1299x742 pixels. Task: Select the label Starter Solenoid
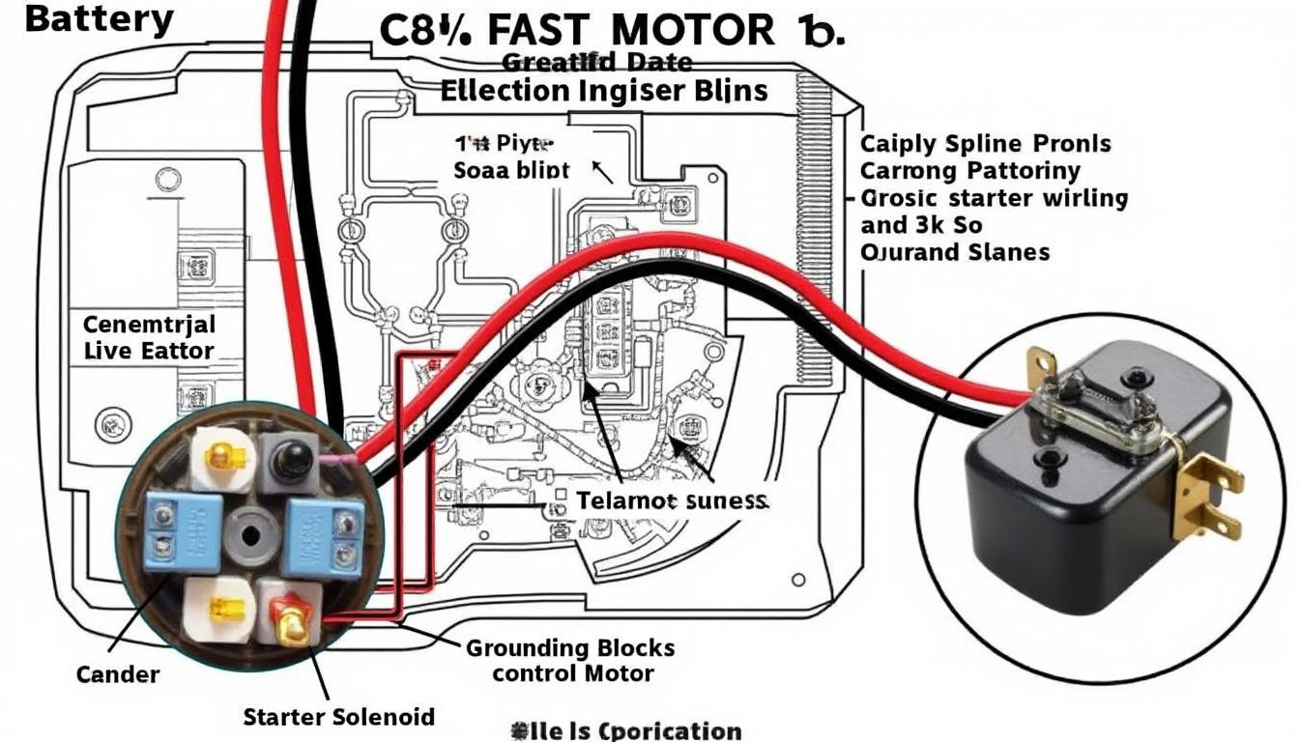[x=338, y=717]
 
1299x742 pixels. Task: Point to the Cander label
[x=118, y=672]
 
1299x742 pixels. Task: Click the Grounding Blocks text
[x=570, y=647]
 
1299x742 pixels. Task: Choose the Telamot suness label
[x=672, y=501]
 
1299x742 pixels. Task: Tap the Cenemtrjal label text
[x=149, y=323]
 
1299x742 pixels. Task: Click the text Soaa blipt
[x=511, y=170]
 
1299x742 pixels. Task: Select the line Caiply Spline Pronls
[x=985, y=145]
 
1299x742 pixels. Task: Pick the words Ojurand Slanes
[x=954, y=252]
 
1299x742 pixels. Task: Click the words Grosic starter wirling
[x=994, y=199]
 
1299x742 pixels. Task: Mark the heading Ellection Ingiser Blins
[x=604, y=91]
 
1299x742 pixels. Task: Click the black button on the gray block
[x=287, y=461]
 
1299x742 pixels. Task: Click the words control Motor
[x=572, y=672]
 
